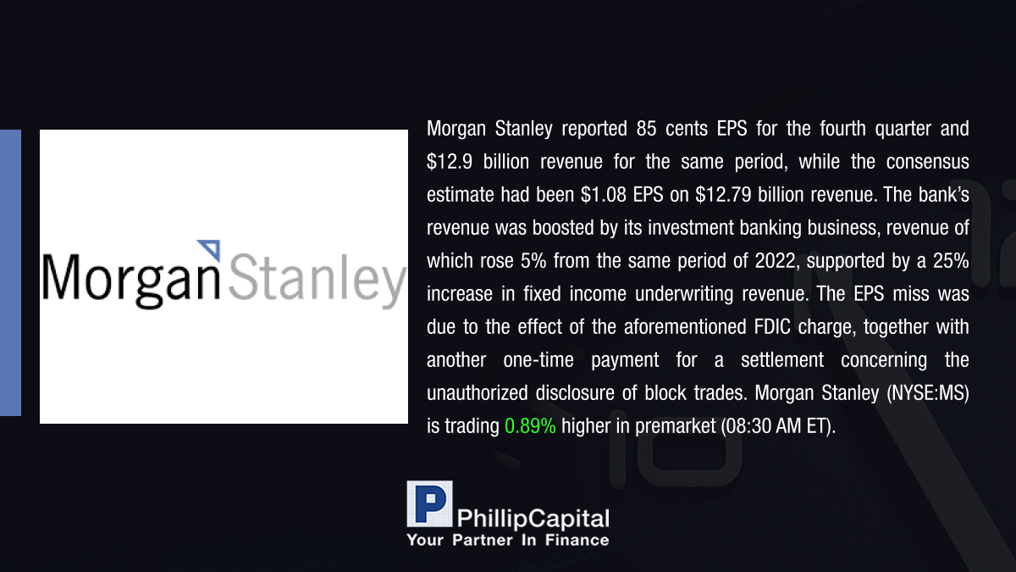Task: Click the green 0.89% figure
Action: [x=530, y=426]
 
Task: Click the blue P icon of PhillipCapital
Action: [x=429, y=504]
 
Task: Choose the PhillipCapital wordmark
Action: [x=533, y=519]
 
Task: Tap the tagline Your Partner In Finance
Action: [x=508, y=541]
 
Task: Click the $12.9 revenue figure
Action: [x=450, y=162]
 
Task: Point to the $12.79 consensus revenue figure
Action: [x=723, y=195]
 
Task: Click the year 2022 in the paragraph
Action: [x=775, y=261]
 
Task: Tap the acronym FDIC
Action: [x=772, y=327]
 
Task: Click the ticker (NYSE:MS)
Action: [x=928, y=393]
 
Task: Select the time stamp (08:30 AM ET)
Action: [x=777, y=426]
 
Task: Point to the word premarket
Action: [x=675, y=426]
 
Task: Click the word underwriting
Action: [x=684, y=294]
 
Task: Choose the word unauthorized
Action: [x=478, y=393]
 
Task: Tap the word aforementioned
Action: [x=685, y=327]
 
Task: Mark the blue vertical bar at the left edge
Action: [x=10, y=273]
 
